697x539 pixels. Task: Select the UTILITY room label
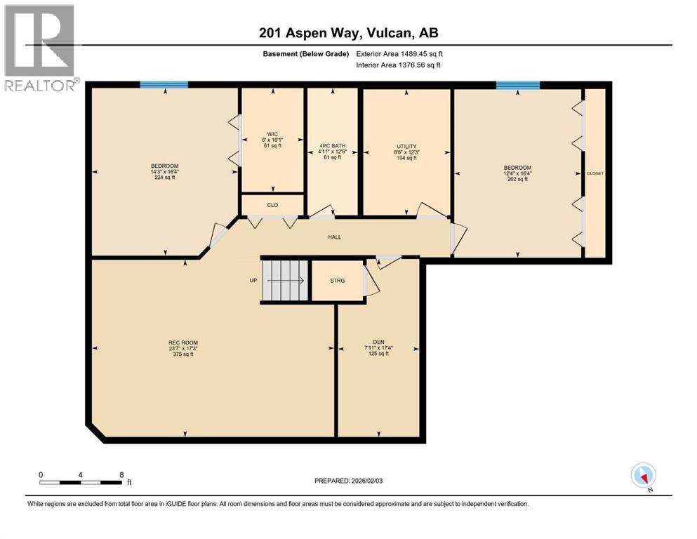pyautogui.click(x=406, y=147)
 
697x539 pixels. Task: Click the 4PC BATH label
pyautogui.click(x=332, y=146)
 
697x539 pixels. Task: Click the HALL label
pyautogui.click(x=335, y=237)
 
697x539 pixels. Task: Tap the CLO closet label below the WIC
pyautogui.click(x=272, y=206)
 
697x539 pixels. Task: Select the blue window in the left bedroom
pyautogui.click(x=164, y=85)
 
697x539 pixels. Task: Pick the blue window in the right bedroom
pyautogui.click(x=517, y=86)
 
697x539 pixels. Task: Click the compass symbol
pyautogui.click(x=643, y=476)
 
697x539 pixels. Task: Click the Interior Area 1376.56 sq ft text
pyautogui.click(x=400, y=65)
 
